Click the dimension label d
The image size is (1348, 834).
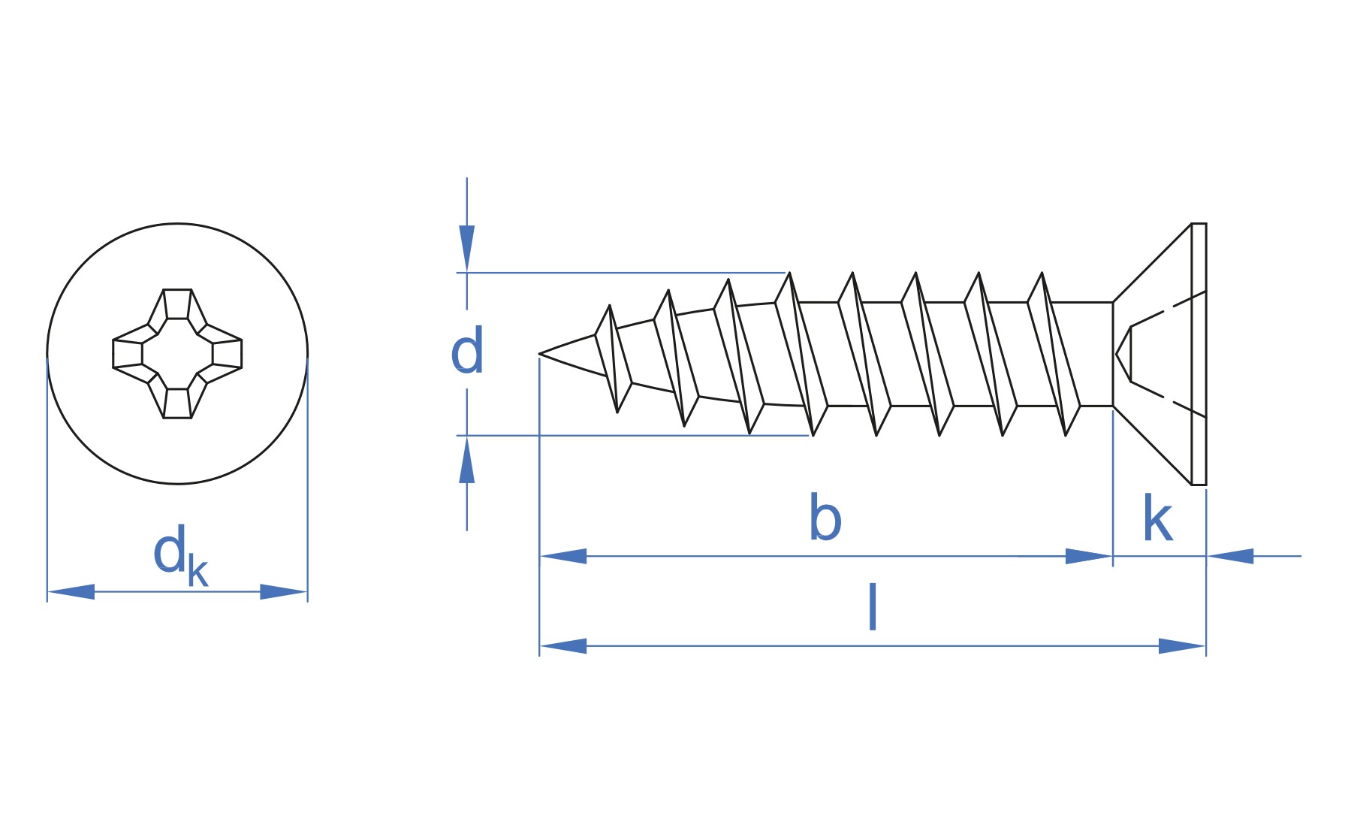click(x=466, y=351)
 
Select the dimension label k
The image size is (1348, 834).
click(x=1157, y=518)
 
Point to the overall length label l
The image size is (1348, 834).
click(x=872, y=606)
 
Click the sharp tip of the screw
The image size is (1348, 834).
click(x=540, y=353)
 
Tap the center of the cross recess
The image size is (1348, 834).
click(x=177, y=353)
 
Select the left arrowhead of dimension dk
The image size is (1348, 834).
click(x=71, y=591)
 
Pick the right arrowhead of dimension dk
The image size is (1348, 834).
click(x=284, y=591)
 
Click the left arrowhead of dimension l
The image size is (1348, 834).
click(x=562, y=645)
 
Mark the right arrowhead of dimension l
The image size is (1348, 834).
click(x=1182, y=645)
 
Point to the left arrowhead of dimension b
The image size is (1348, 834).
click(x=562, y=556)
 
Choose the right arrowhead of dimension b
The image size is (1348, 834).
click(x=1089, y=556)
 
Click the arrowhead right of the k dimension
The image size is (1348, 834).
click(x=1230, y=556)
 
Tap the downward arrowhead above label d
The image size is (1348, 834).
click(x=467, y=249)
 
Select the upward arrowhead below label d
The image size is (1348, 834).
click(x=467, y=459)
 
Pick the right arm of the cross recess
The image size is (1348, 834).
click(x=222, y=353)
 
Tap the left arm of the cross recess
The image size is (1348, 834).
click(x=132, y=353)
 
